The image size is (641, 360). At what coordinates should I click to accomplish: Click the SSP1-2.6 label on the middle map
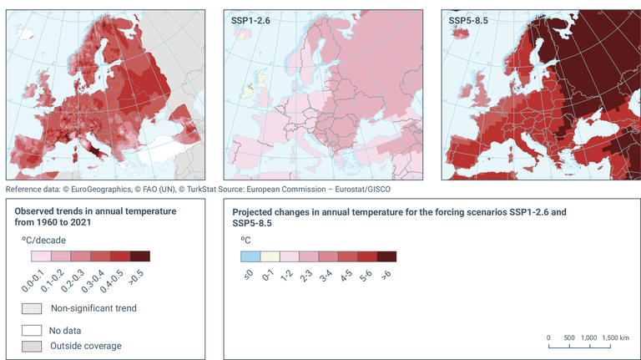point(249,18)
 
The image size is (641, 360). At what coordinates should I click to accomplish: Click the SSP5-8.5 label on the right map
point(467,18)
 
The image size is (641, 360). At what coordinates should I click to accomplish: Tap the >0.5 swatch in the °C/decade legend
point(140,256)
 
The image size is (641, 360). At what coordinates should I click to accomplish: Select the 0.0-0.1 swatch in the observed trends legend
point(40,256)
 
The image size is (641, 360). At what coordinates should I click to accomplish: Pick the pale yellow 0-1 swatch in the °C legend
point(270,256)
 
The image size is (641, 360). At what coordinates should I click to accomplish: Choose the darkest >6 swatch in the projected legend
point(386,256)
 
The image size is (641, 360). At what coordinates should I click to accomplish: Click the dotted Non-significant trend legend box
point(33,308)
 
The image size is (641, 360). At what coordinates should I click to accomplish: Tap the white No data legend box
point(33,328)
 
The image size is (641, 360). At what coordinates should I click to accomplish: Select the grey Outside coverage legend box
point(33,346)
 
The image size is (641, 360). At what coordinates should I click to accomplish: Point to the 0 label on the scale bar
point(548,337)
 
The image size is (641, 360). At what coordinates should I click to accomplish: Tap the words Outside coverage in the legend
point(86,346)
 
